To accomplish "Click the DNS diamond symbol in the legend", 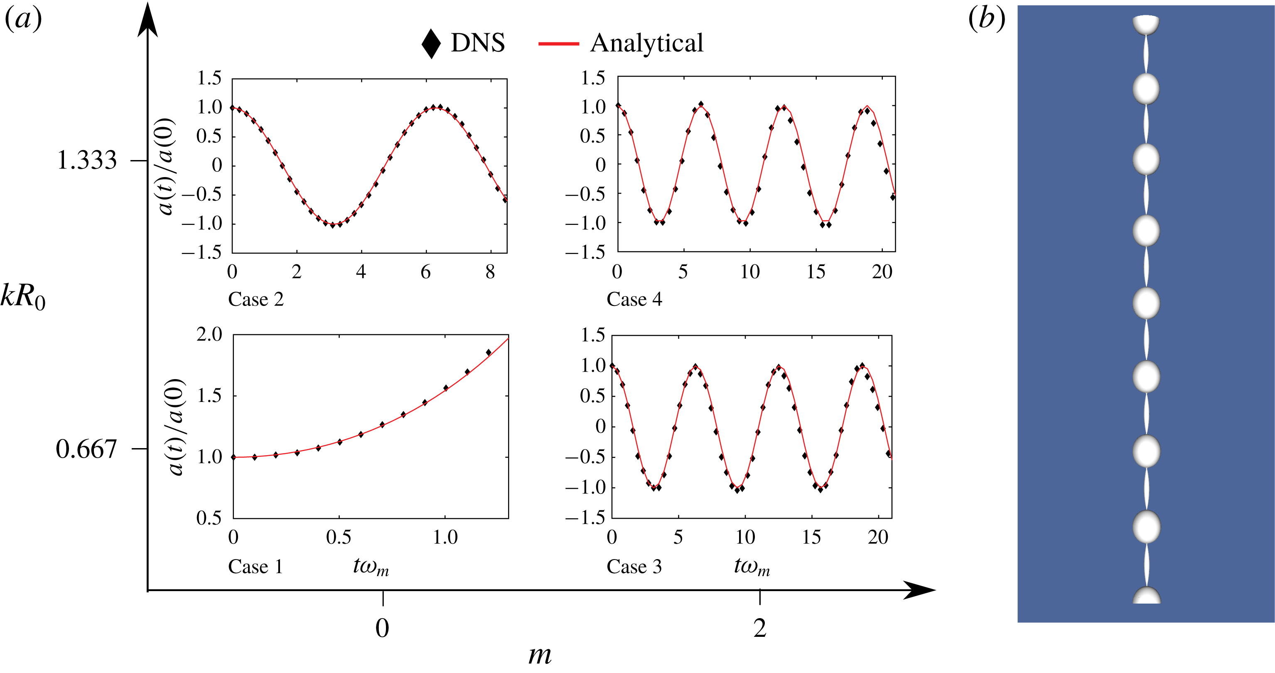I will [431, 44].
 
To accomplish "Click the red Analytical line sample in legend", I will [558, 44].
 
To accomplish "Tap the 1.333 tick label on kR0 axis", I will [87, 160].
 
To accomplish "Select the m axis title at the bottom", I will [540, 655].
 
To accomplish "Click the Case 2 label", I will [256, 299].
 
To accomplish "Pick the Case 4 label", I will [634, 299].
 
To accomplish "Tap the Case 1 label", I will [255, 567].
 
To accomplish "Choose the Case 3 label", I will [634, 567].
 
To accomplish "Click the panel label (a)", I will [23, 20].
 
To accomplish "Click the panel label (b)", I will [986, 20].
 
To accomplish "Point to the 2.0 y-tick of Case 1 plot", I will [209, 335].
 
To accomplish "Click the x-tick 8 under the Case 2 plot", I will [490, 272].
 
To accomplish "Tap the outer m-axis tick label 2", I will [760, 628].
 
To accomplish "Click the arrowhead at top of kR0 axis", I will [147, 20].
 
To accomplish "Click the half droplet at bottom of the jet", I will [1146, 596].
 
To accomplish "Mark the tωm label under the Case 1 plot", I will [371, 567].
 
